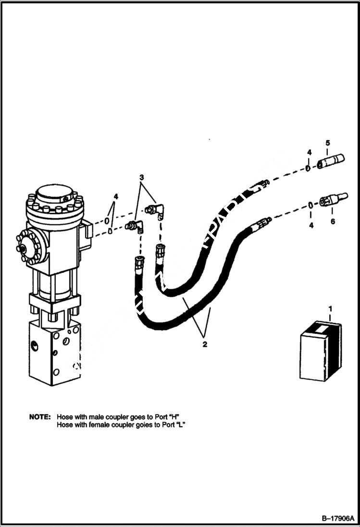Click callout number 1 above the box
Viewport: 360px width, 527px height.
(330, 307)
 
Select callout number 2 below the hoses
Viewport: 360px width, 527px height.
(205, 344)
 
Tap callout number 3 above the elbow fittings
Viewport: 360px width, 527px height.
(141, 177)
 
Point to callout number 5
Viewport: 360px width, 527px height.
(327, 143)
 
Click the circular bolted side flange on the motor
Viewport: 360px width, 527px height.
(30, 245)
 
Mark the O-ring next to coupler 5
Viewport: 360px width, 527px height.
(306, 168)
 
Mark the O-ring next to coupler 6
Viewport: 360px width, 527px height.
(310, 205)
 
